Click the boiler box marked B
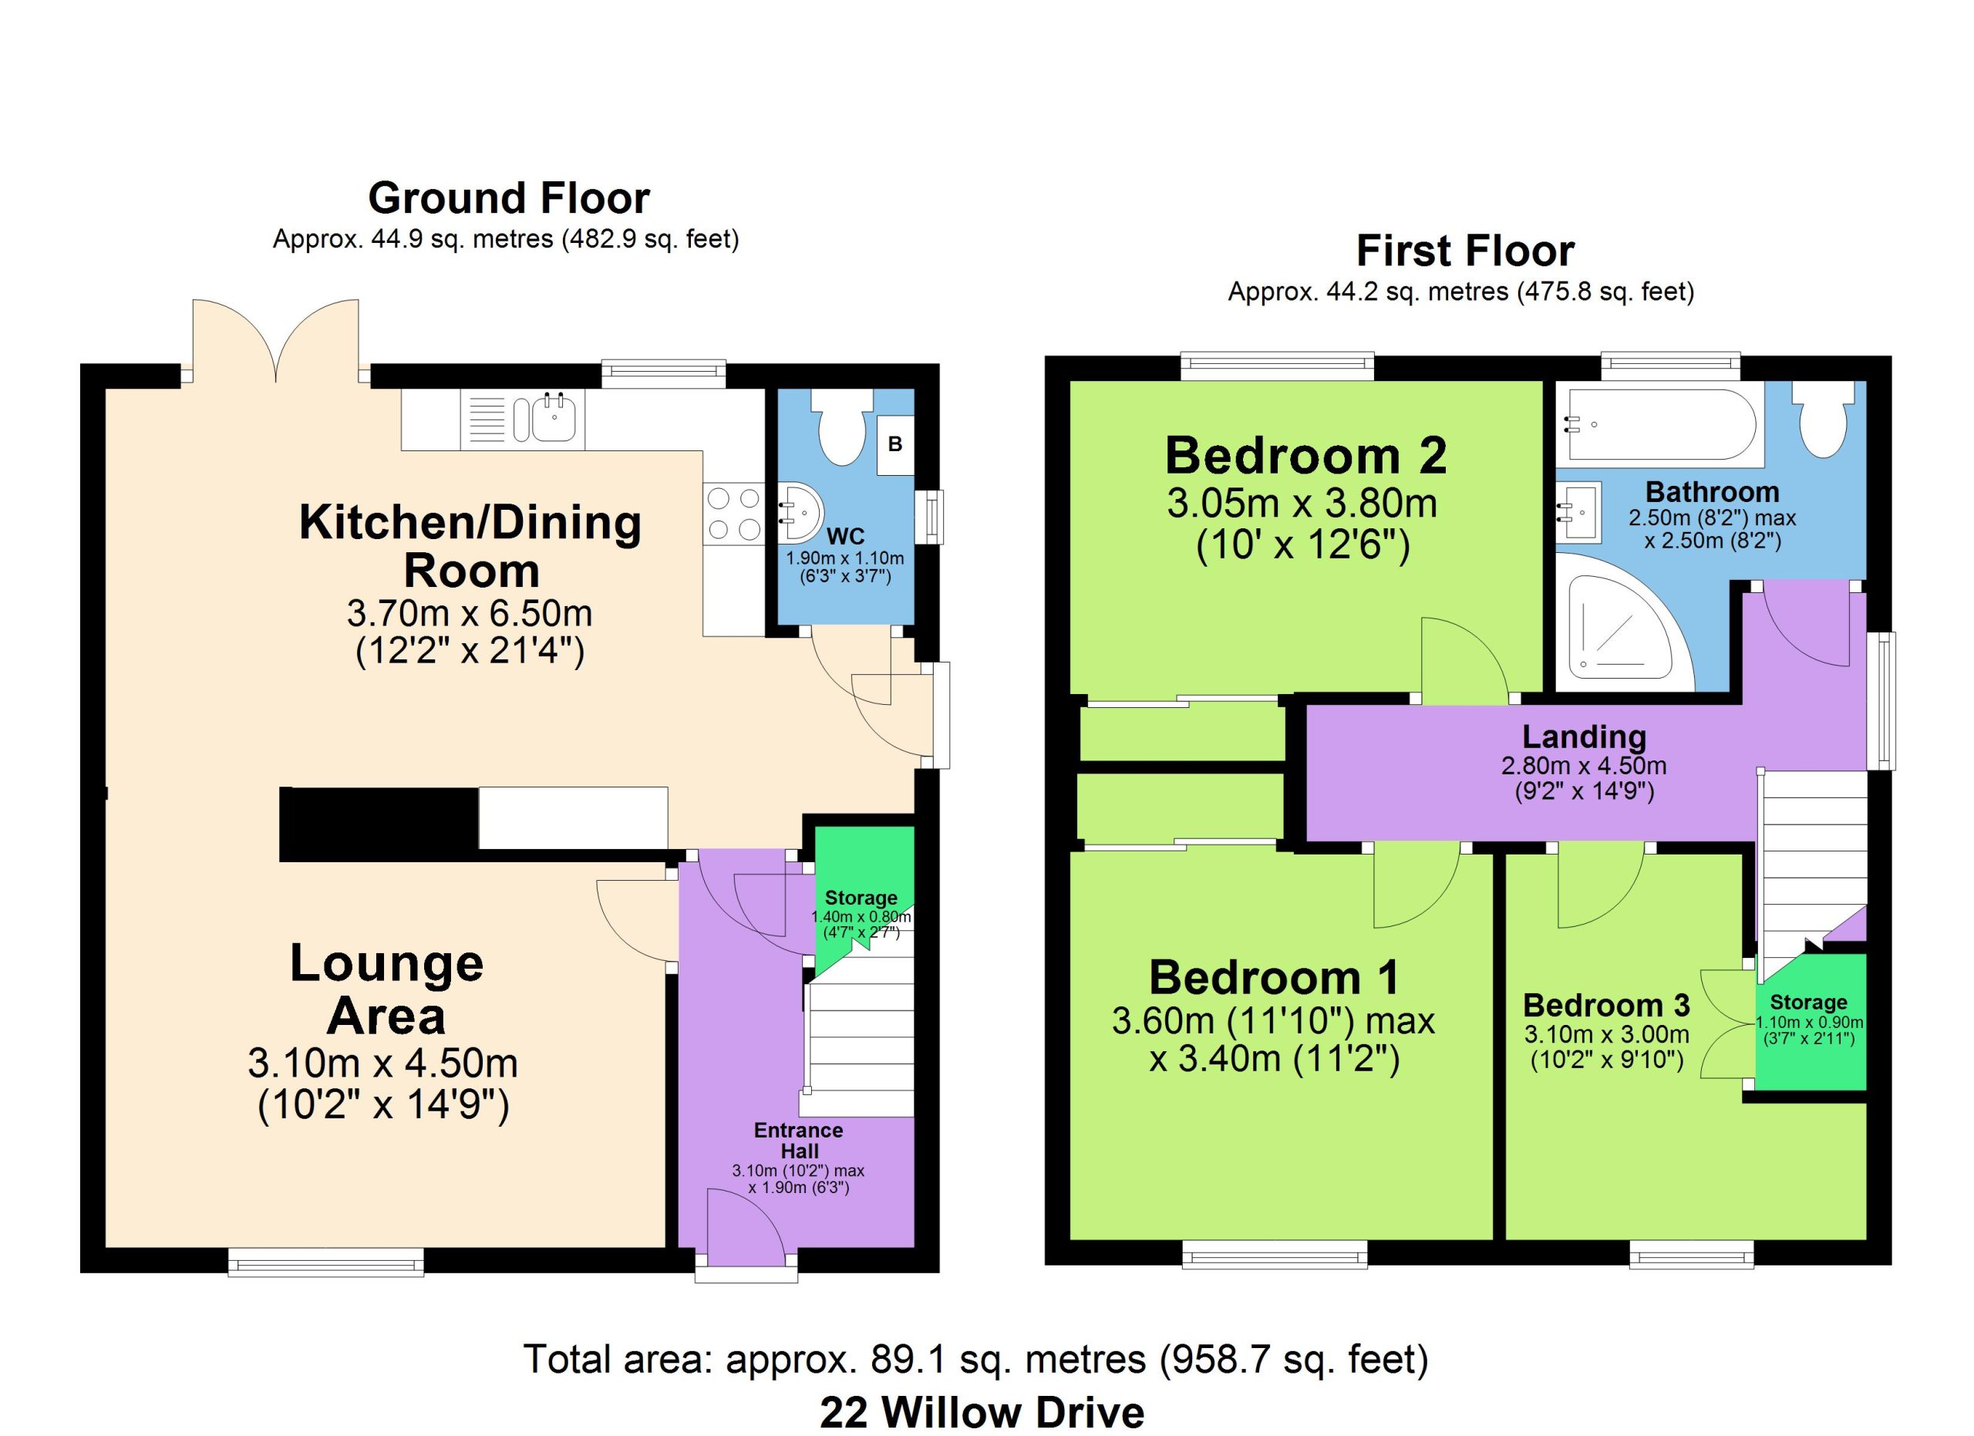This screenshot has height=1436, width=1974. click(894, 445)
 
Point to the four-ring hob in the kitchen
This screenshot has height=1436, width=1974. click(733, 514)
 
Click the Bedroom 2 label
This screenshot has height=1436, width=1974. click(1305, 456)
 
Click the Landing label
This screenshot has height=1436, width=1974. click(1584, 737)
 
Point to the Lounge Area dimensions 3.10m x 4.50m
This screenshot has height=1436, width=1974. click(383, 1064)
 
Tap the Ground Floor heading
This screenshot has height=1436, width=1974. click(509, 198)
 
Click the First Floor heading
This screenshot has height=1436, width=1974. click(1466, 251)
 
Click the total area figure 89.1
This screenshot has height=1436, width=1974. click(908, 1359)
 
